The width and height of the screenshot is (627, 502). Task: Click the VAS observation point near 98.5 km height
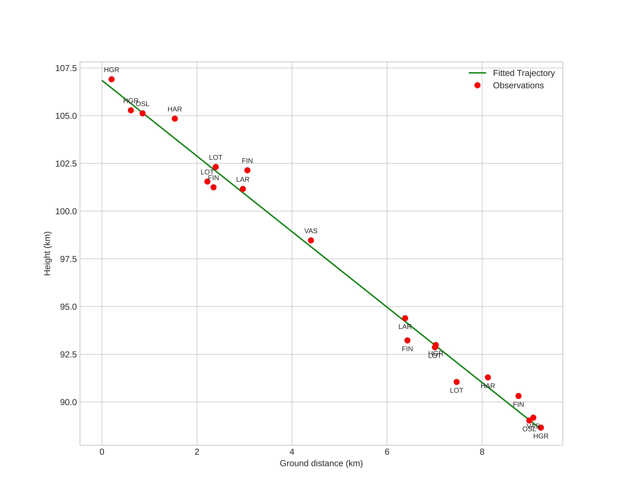pyautogui.click(x=311, y=240)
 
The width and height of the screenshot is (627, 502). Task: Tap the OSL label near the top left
pyautogui.click(x=142, y=104)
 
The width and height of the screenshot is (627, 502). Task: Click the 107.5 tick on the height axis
pyautogui.click(x=66, y=68)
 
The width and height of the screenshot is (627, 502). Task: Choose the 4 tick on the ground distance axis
pyautogui.click(x=292, y=452)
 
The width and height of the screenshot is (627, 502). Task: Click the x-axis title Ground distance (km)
pyautogui.click(x=321, y=463)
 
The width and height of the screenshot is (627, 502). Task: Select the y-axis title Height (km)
pyautogui.click(x=47, y=253)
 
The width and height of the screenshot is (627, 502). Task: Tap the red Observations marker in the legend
pyautogui.click(x=477, y=85)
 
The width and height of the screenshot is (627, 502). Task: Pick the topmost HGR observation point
pyautogui.click(x=111, y=79)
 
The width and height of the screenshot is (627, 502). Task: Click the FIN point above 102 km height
pyautogui.click(x=247, y=170)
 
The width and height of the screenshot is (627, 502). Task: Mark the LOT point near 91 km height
pyautogui.click(x=456, y=382)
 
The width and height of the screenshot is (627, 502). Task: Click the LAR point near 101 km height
pyautogui.click(x=243, y=189)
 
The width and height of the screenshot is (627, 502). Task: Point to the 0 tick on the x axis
pyautogui.click(x=102, y=452)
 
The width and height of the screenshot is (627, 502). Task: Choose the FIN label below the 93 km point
pyautogui.click(x=407, y=349)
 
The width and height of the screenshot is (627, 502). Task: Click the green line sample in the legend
pyautogui.click(x=477, y=73)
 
